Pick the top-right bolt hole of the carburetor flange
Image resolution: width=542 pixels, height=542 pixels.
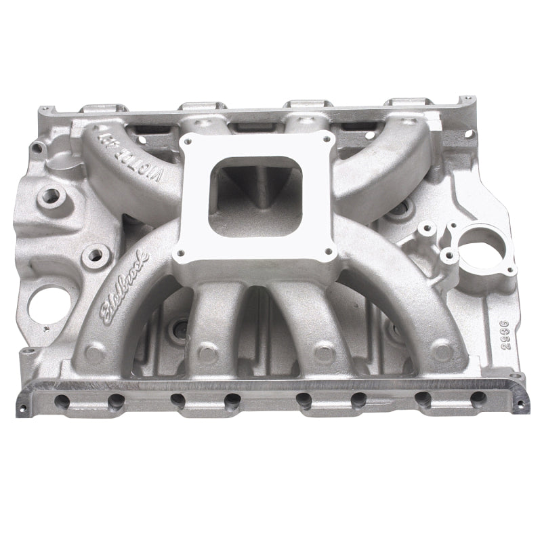pos(328,138)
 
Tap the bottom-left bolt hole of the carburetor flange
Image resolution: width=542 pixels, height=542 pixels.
pos(181,257)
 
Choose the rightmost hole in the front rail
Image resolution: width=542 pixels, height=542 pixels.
pos(478,399)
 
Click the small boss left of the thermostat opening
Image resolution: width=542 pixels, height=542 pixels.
pos(427,230)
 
